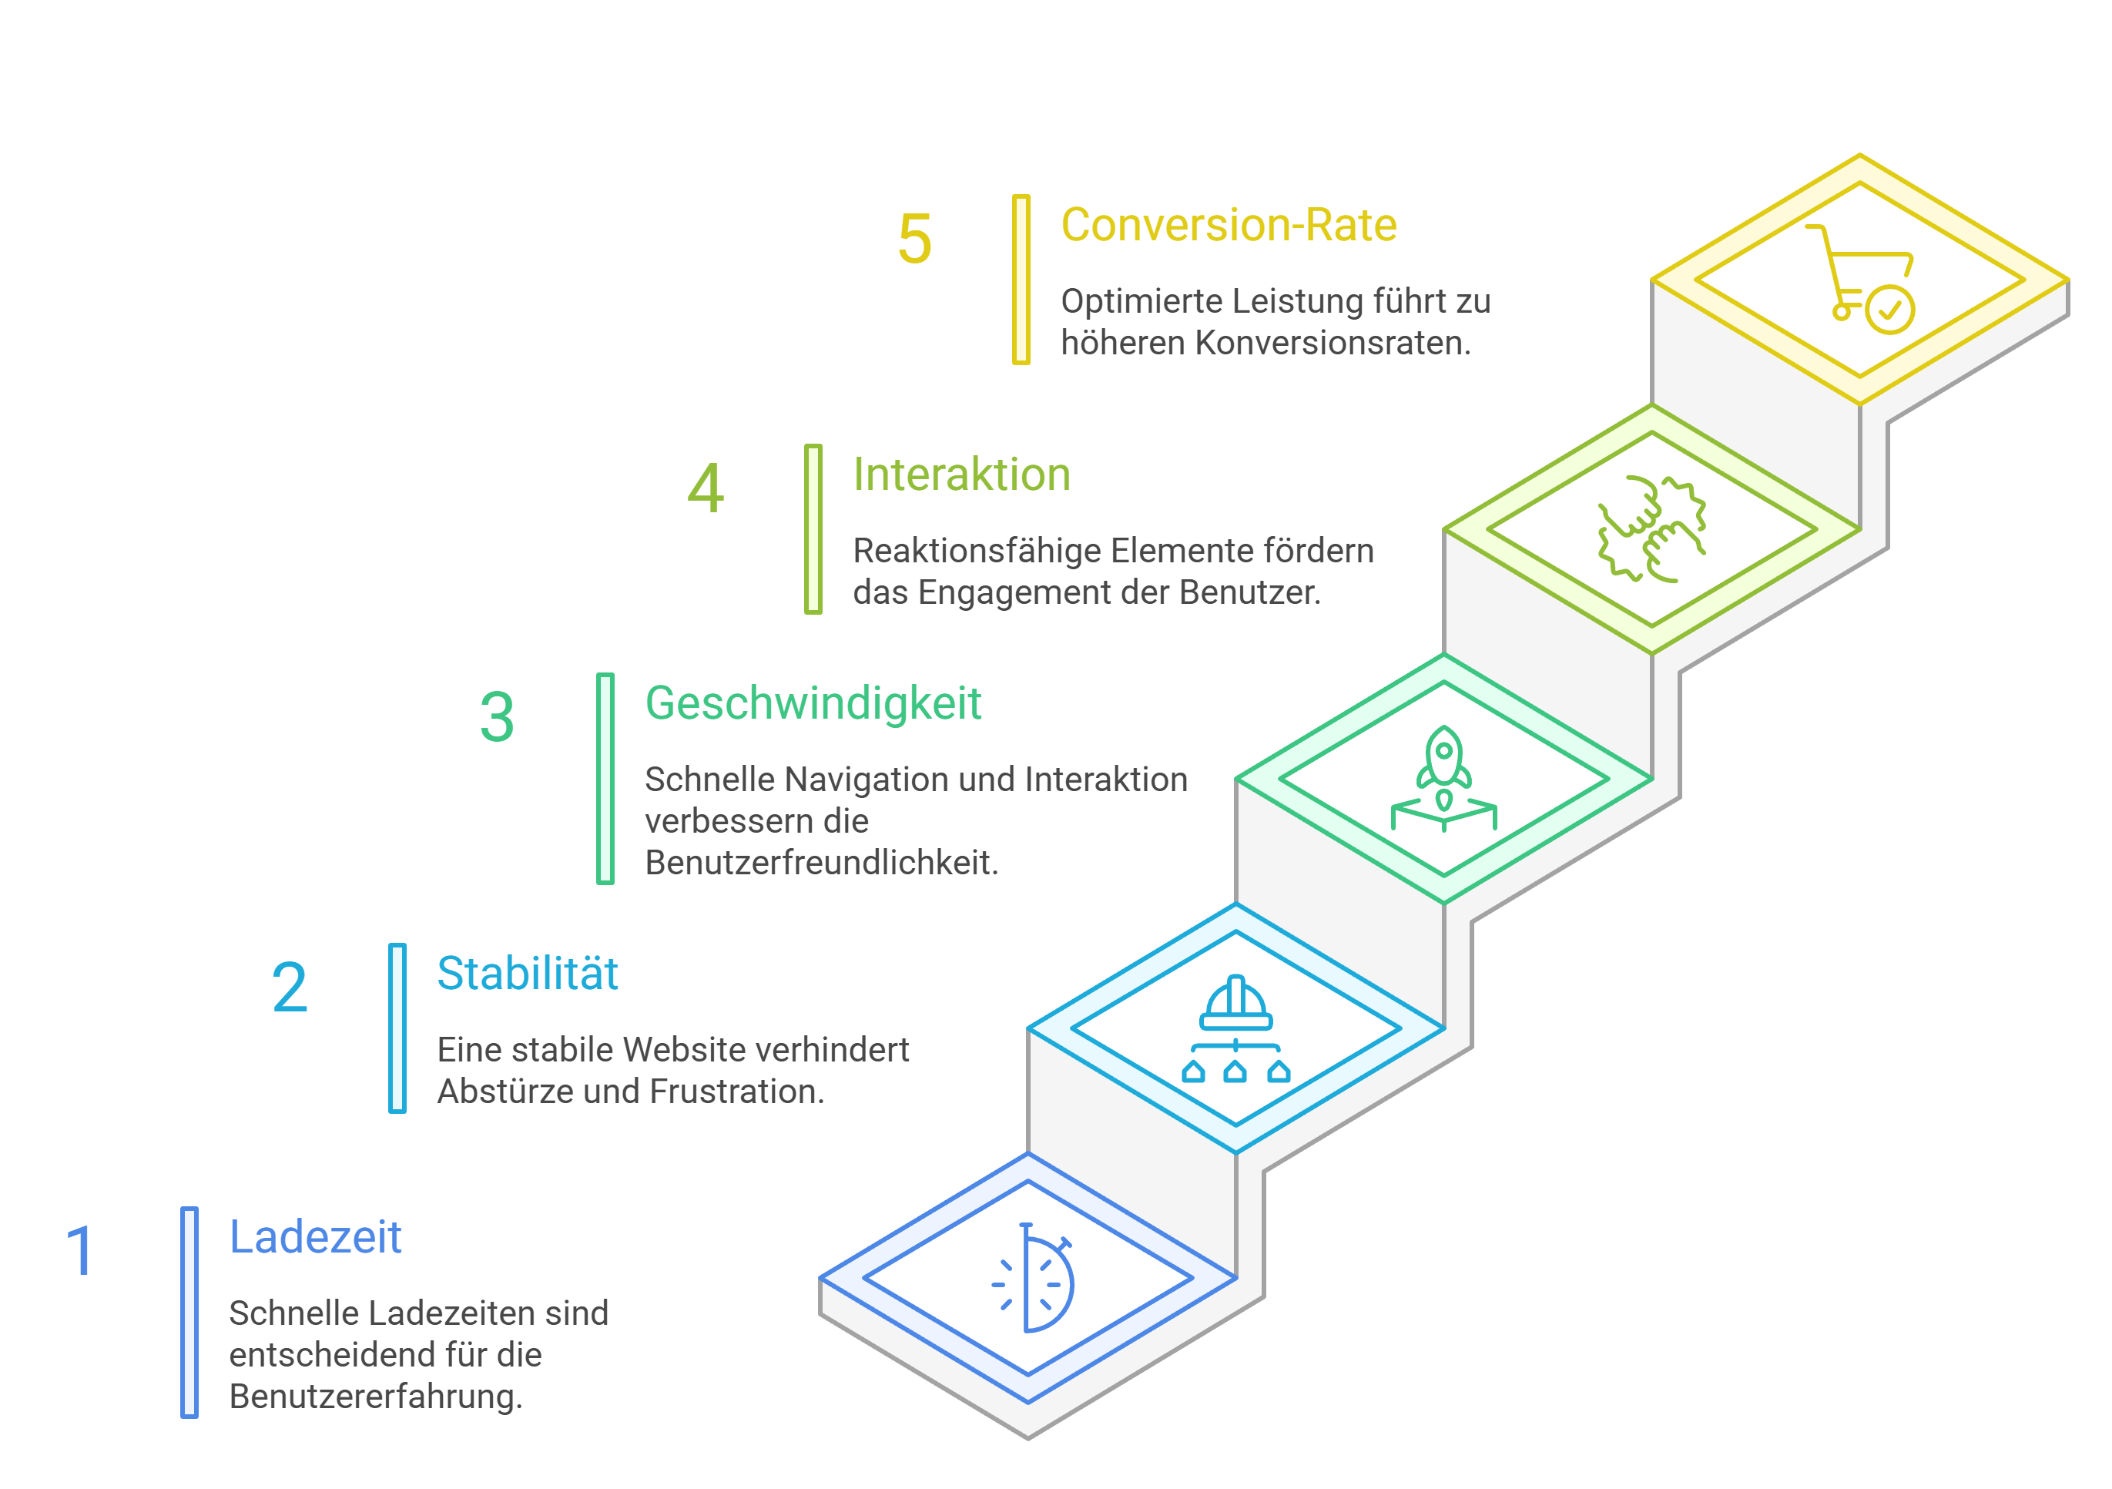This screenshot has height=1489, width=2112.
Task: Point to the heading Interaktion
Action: coord(961,475)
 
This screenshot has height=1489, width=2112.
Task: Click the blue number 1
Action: coord(80,1251)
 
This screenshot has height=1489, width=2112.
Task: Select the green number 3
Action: coord(497,717)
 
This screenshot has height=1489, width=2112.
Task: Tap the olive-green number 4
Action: coord(706,489)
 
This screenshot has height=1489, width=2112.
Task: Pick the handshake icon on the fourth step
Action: coord(1652,529)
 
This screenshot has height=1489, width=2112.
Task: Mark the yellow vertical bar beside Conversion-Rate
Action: coord(1021,280)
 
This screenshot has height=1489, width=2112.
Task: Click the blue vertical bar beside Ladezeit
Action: coord(189,1313)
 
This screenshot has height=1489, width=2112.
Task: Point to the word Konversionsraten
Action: coord(1333,343)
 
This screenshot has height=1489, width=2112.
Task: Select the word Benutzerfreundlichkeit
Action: coord(821,864)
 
